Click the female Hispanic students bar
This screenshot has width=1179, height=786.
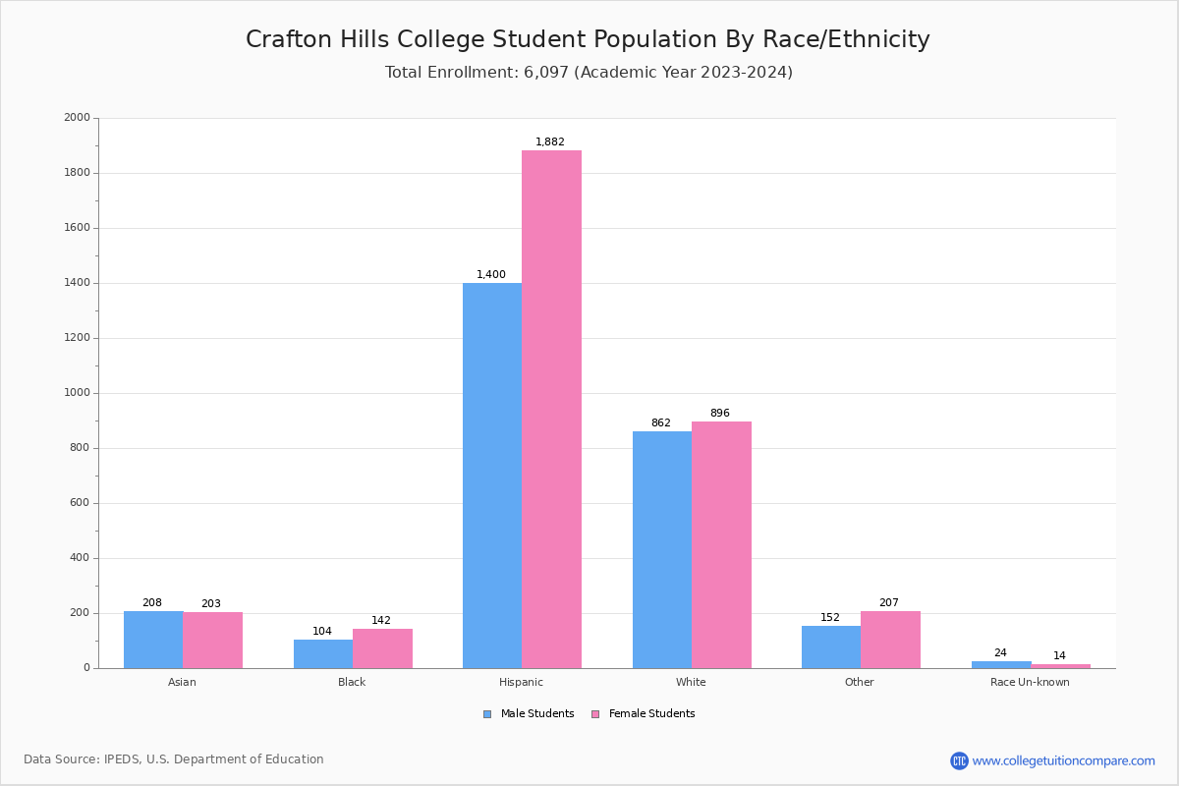coord(551,409)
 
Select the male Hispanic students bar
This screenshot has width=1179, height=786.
coord(492,476)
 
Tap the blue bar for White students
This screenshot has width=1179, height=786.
coord(662,549)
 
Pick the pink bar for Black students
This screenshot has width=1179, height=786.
coord(382,648)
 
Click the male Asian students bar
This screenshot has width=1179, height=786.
coord(153,640)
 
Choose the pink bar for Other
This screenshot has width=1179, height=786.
coord(890,640)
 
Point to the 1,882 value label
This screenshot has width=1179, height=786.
coord(550,142)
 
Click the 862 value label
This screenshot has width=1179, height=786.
coord(660,423)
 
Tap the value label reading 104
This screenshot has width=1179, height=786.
coord(322,632)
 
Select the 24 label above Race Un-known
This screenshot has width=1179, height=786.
coord(1000,653)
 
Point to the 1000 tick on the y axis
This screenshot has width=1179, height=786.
coord(78,393)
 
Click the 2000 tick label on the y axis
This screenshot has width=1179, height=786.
coord(78,118)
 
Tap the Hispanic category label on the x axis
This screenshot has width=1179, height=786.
coord(521,683)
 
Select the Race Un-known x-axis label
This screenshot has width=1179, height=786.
coord(1030,683)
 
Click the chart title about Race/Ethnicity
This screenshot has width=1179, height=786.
coord(588,40)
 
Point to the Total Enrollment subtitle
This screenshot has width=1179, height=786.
coord(589,73)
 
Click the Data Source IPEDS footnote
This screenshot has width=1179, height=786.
coord(174,759)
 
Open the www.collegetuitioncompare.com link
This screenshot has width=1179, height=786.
coord(1063,761)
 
